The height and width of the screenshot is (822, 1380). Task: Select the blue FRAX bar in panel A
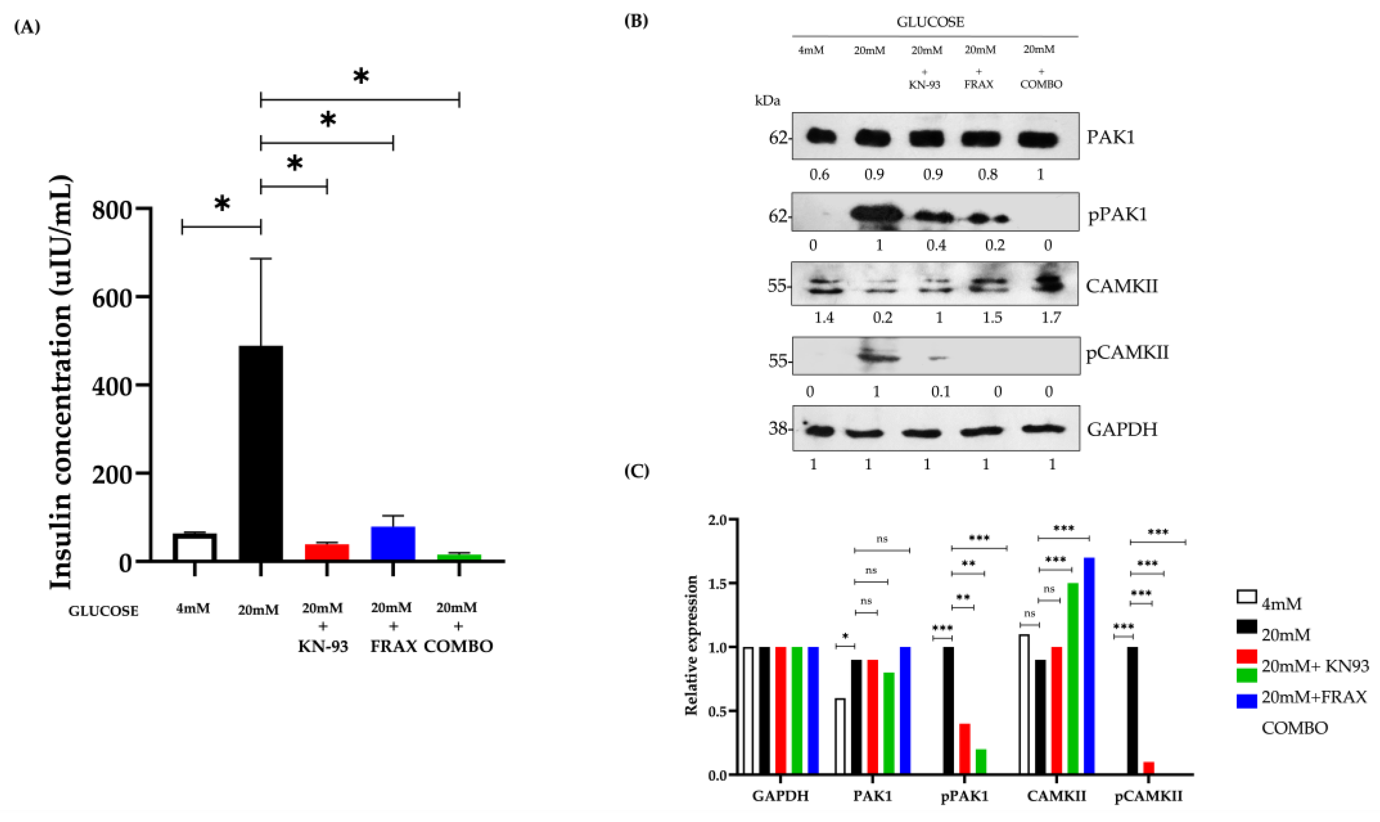click(393, 543)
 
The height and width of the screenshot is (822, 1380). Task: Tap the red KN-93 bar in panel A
click(327, 552)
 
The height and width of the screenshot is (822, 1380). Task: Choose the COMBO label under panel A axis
click(458, 647)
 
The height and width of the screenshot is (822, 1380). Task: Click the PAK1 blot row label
click(1111, 137)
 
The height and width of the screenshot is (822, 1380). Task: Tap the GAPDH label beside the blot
click(1122, 429)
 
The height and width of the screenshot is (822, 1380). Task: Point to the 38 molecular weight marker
click(778, 428)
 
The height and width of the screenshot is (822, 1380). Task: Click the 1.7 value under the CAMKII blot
click(1051, 318)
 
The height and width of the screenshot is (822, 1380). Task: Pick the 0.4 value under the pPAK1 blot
click(936, 245)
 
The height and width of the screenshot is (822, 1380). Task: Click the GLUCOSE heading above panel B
click(930, 22)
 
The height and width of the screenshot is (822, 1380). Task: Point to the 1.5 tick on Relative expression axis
click(718, 583)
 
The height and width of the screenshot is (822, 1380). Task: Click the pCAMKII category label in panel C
click(1148, 796)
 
